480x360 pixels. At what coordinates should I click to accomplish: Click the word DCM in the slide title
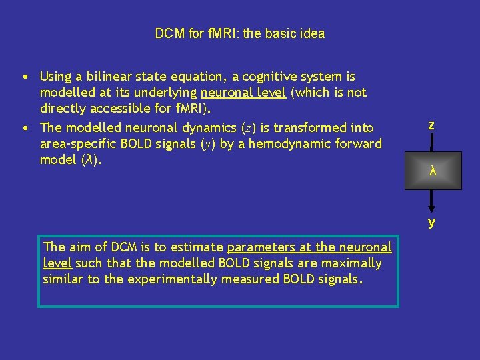pos(169,33)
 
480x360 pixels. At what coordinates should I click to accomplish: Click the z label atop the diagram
pos(431,125)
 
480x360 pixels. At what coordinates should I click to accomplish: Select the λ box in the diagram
pos(432,171)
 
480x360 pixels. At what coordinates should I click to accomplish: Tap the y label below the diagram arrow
pos(432,222)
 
